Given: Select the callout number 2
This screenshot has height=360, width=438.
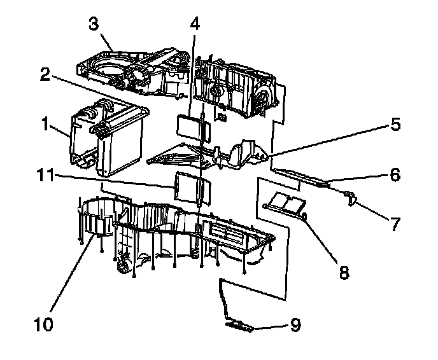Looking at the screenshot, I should click(44, 74).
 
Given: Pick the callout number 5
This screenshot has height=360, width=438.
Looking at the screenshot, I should click(396, 125).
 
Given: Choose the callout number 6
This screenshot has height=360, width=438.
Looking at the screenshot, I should click(395, 174).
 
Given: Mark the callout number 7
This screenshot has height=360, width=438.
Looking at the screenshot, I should click(395, 223).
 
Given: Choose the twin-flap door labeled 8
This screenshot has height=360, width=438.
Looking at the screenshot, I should click(285, 204).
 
